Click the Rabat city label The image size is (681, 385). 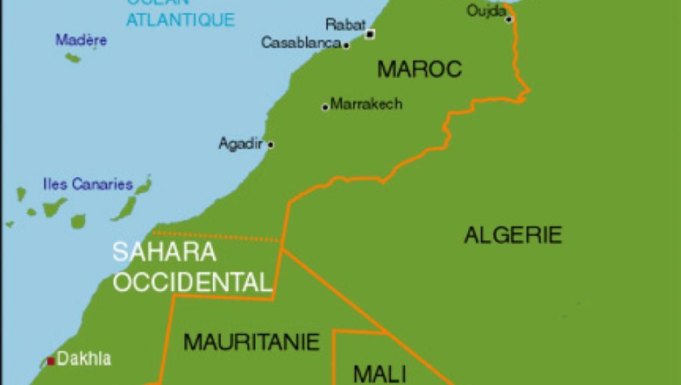tap(345, 25)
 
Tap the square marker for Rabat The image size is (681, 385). tap(370, 34)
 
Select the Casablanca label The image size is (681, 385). tap(301, 42)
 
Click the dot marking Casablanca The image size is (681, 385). tap(346, 45)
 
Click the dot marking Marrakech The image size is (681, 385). tap(325, 107)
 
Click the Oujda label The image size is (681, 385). tap(486, 11)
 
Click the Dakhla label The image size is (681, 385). tap(84, 359)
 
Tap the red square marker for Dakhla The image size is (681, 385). tap(51, 360)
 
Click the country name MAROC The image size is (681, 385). tap(418, 69)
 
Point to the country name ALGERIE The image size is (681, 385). tap(513, 234)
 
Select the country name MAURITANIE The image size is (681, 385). tap(252, 341)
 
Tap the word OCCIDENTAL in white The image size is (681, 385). tap(191, 282)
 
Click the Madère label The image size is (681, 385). tap(81, 39)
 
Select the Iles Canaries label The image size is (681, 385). tap(88, 184)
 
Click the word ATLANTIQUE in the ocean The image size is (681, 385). tap(180, 19)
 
